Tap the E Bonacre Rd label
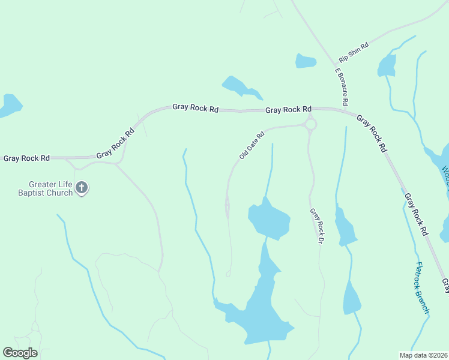click(341, 86)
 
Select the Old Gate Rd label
click(252, 146)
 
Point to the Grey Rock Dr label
click(316, 225)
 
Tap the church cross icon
click(82, 188)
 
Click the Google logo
click(20, 353)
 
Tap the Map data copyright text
click(423, 355)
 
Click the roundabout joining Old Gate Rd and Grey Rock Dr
click(310, 124)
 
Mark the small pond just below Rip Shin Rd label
click(306, 61)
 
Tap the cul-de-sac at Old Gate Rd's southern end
click(228, 274)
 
